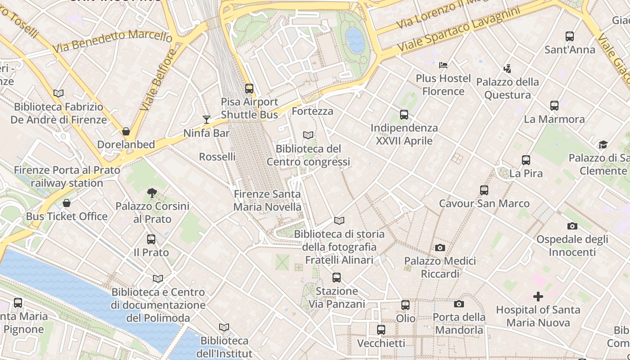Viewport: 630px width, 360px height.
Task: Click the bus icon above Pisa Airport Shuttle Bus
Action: click(249, 89)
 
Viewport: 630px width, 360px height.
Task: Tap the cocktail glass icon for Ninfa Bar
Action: click(207, 119)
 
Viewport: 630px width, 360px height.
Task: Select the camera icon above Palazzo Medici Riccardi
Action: click(440, 247)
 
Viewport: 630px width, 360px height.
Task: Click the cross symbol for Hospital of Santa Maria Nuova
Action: click(538, 296)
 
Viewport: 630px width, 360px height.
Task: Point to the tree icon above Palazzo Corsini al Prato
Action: click(152, 193)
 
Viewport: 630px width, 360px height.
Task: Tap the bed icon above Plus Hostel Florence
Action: click(443, 65)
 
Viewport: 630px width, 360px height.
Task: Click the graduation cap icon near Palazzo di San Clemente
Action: click(603, 144)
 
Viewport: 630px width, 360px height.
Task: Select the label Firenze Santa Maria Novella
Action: click(267, 201)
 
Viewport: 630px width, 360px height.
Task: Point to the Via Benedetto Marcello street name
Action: click(112, 40)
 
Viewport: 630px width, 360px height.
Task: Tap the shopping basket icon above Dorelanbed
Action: click(126, 131)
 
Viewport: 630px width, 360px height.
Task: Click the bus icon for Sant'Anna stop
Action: click(570, 36)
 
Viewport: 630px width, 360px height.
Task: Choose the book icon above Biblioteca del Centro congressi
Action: click(308, 135)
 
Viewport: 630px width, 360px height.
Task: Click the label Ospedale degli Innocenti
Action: click(572, 246)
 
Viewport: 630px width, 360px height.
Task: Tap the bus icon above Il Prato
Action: click(151, 239)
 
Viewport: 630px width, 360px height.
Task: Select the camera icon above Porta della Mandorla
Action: click(459, 304)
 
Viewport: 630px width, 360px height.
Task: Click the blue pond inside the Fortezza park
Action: click(355, 40)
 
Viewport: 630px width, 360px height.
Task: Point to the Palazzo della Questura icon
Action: click(508, 69)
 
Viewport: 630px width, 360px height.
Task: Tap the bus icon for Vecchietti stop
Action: click(381, 330)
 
